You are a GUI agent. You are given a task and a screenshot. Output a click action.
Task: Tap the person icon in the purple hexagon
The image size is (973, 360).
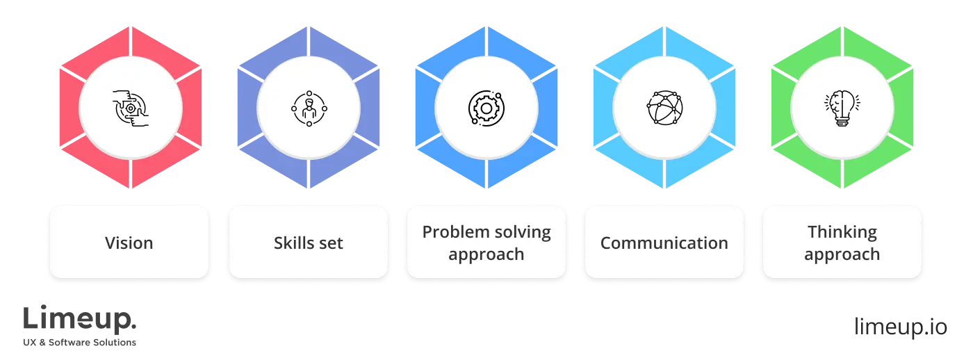point(309,108)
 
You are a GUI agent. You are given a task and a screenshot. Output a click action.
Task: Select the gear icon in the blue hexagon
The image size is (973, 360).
point(486,108)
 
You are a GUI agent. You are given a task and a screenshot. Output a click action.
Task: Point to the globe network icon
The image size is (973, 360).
point(664,108)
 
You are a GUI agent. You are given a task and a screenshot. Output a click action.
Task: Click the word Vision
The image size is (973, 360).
point(129,243)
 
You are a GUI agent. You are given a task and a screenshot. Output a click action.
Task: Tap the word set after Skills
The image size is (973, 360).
point(331,243)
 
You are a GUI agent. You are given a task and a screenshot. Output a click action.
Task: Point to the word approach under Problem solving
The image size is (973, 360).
point(486,254)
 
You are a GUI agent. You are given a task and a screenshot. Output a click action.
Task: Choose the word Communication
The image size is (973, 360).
point(664,243)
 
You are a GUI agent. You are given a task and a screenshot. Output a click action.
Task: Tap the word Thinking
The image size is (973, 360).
point(842,231)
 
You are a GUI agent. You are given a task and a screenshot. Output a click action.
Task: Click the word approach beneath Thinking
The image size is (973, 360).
point(842,254)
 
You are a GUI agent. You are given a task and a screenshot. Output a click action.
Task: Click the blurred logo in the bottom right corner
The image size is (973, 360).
point(899,327)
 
